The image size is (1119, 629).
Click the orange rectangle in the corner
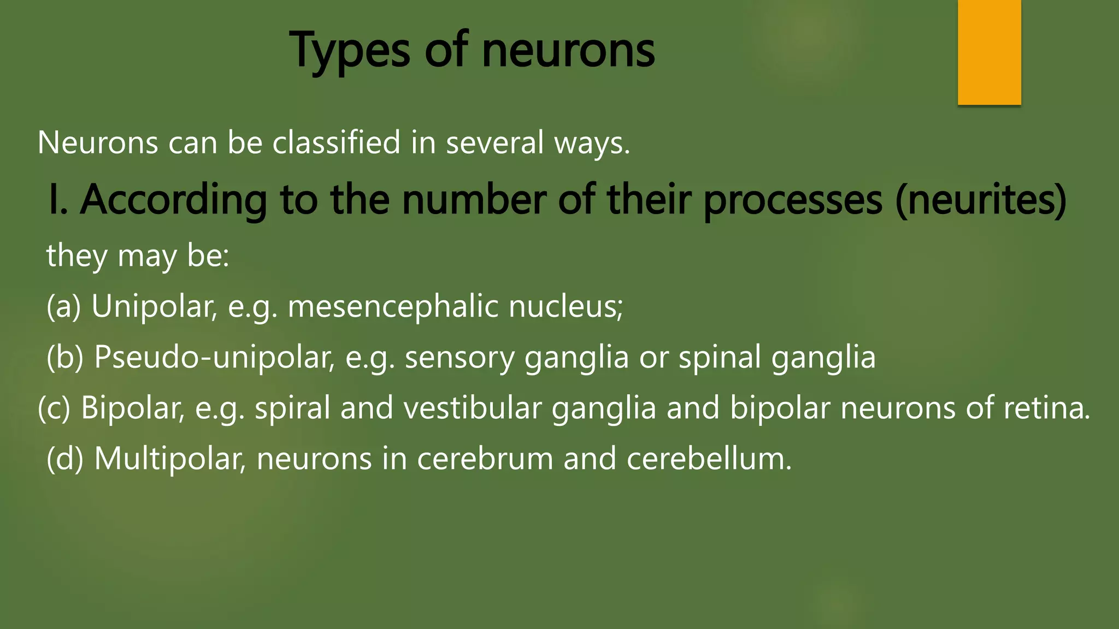[x=989, y=52]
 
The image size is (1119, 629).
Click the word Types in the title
[x=350, y=51]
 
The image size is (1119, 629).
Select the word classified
[x=336, y=143]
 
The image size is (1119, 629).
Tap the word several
[x=494, y=143]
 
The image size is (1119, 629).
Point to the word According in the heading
[x=174, y=200]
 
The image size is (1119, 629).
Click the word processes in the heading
[x=792, y=200]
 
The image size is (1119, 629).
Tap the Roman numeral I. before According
[x=58, y=200]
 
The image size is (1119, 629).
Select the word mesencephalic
[x=393, y=306]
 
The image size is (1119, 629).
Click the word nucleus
[x=566, y=306]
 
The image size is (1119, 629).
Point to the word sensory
[x=460, y=358]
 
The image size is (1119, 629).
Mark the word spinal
[x=720, y=358]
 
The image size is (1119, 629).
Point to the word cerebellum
[x=709, y=459]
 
